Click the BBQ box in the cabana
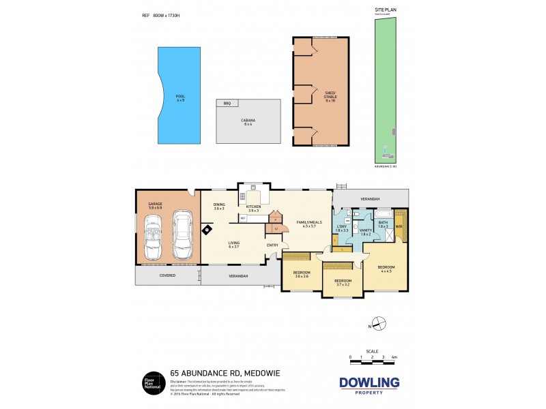[227, 103]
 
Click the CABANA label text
[248, 121]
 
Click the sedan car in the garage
[182, 234]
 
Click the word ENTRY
[272, 246]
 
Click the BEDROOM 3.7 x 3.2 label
[343, 282]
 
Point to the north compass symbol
[380, 323]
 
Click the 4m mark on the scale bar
[394, 357]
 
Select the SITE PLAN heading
[384, 10]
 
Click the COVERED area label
[167, 275]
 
